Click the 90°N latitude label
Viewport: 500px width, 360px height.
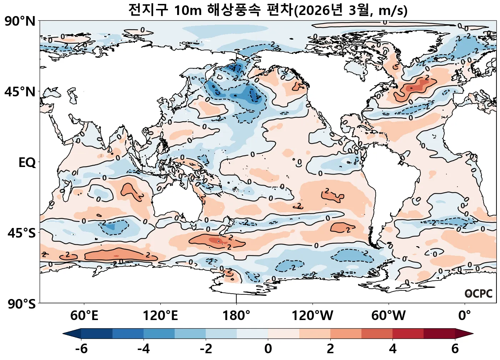click(20, 21)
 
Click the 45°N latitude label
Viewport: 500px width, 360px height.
click(20, 92)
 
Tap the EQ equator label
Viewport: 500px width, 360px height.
click(27, 163)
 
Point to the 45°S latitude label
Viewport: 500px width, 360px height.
click(21, 233)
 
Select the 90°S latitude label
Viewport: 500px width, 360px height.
click(21, 304)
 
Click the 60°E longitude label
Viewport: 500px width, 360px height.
click(84, 316)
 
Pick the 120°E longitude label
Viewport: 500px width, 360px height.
click(160, 316)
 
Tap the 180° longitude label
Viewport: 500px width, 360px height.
click(236, 316)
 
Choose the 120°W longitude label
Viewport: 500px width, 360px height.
click(312, 316)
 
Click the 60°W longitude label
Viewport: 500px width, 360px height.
click(389, 316)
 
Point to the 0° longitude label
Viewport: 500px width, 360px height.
click(465, 316)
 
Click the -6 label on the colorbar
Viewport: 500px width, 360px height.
click(81, 349)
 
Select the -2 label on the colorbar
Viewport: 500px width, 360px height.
click(206, 349)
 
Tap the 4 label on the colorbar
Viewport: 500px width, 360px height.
click(392, 349)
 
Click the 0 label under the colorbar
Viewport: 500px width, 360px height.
click(268, 349)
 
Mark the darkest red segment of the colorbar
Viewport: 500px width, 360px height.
click(439, 334)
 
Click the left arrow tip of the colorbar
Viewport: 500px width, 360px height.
click(64, 334)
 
